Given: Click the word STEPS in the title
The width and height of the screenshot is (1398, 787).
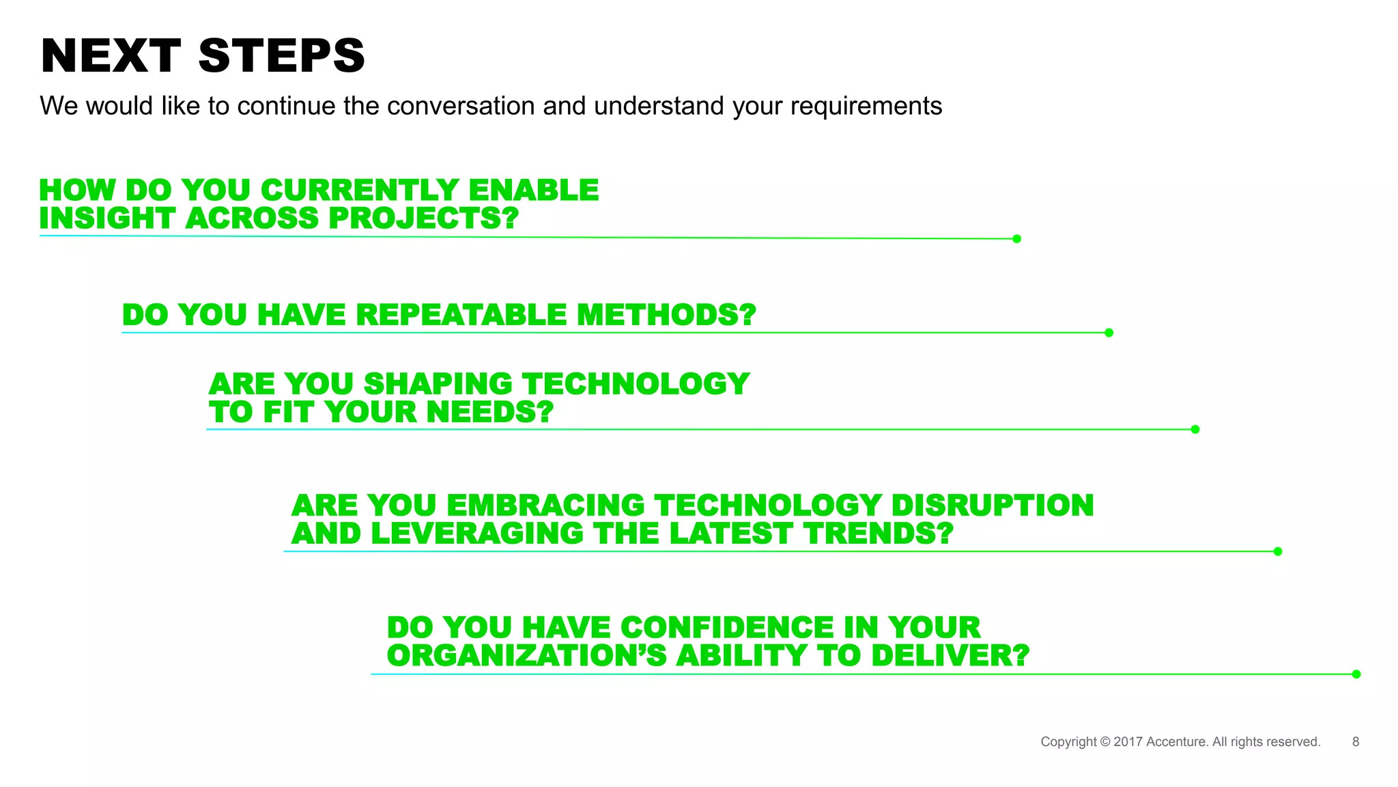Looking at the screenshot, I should (281, 56).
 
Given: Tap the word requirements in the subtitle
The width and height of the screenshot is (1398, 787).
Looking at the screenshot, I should (866, 107).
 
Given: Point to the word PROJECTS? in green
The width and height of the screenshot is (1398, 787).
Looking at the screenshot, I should (423, 219).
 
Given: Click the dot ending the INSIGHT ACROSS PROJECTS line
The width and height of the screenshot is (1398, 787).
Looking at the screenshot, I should (1016, 238).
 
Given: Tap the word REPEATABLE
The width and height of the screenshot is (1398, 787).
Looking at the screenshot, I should (461, 316).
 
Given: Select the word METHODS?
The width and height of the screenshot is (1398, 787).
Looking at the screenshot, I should (666, 316).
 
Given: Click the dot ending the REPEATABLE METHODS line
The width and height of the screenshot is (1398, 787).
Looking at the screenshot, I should (1109, 333).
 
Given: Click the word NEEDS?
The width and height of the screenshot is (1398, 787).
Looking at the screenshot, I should (490, 413).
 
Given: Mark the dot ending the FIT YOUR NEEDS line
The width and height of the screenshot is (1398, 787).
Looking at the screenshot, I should (1195, 429).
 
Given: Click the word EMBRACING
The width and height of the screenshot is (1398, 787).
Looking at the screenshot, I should (545, 506).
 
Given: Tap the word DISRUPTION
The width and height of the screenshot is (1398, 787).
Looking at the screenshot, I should (992, 506).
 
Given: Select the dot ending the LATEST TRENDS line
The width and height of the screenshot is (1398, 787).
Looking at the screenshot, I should (1278, 551).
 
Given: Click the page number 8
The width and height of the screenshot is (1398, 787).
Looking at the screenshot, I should (1356, 742).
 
